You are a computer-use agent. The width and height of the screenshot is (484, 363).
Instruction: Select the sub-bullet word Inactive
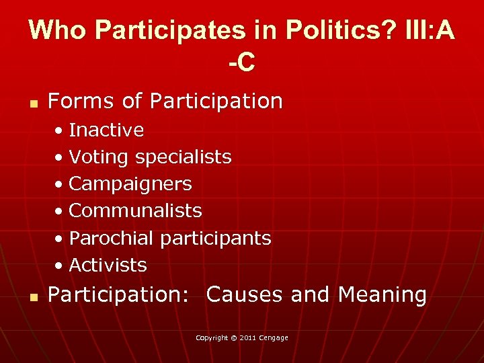coord(106,130)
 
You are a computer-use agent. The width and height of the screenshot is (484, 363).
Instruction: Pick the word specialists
coord(183,157)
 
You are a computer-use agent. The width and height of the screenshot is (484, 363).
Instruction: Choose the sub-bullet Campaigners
coord(130,184)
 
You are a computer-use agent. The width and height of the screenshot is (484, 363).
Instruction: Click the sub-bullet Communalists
coord(135,210)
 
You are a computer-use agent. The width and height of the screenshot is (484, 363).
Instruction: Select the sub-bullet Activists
coord(108,265)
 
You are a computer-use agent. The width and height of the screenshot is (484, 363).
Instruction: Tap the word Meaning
coord(382,294)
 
